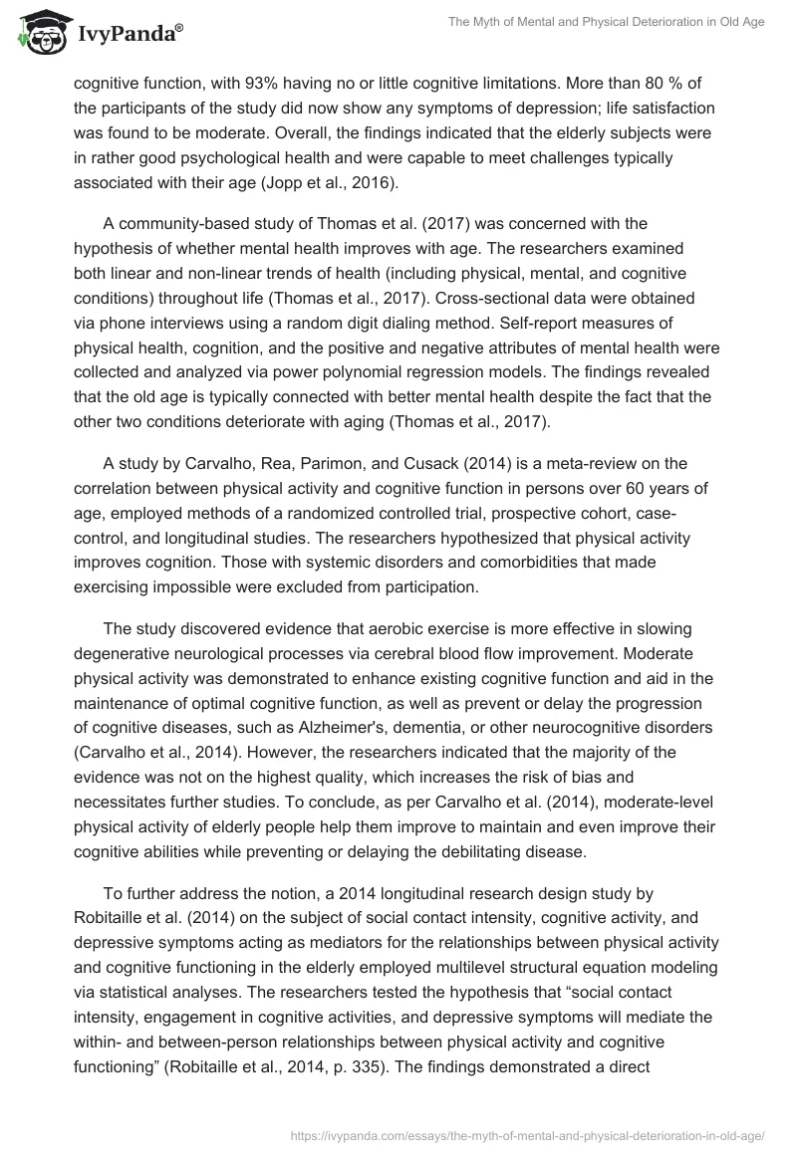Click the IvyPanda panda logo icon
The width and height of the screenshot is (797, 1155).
pyautogui.click(x=39, y=33)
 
